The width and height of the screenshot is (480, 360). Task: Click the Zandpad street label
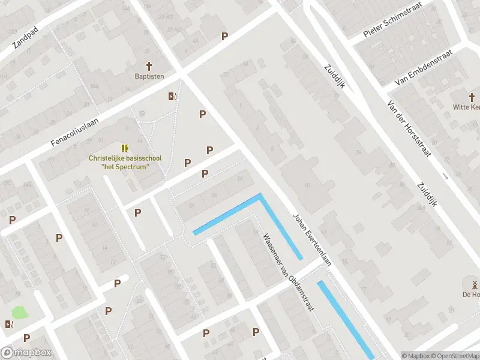26,37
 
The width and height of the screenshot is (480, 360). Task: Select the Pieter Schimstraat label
393,20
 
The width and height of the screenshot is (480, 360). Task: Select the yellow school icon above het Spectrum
125,148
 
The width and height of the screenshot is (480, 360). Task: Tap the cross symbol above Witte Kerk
472,97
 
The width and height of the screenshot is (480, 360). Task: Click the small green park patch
20,312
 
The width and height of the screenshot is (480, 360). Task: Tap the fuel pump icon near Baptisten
172,97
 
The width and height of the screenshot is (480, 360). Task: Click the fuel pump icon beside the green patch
9,325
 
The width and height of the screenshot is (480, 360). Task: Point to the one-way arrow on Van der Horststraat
445,176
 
